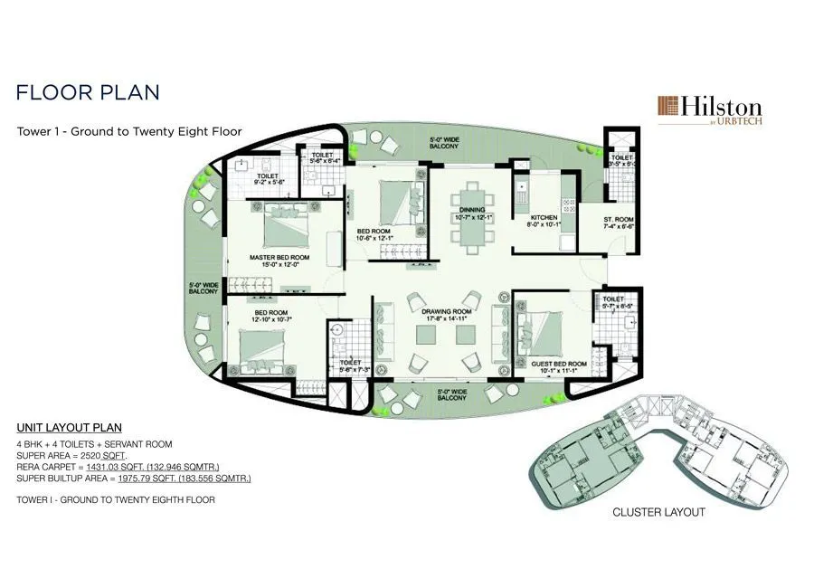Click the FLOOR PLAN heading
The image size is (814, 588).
click(89, 92)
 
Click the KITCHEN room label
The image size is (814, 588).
click(544, 218)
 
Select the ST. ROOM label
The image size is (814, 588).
click(619, 219)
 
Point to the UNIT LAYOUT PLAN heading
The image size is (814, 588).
click(70, 427)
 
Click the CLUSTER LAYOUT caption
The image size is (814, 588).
click(658, 512)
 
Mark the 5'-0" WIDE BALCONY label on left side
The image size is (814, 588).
click(203, 288)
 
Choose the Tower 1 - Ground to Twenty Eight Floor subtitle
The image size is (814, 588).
click(129, 131)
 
